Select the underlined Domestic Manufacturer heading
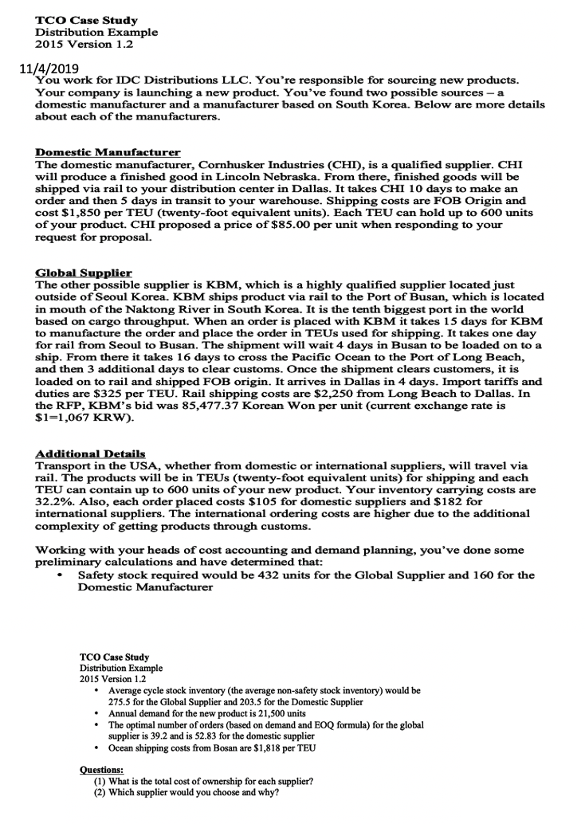(x=108, y=151)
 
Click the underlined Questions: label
(x=101, y=770)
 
